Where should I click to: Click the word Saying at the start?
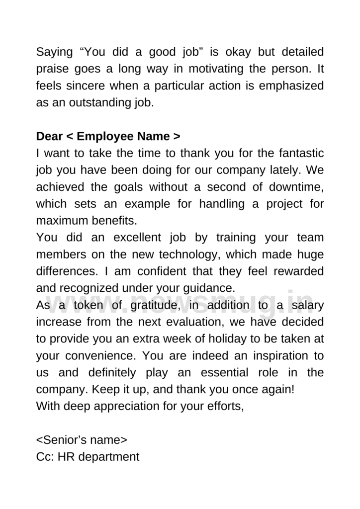tap(54, 52)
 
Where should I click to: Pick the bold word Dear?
tap(50, 136)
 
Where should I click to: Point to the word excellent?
tap(122, 237)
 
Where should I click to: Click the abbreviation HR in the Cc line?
tap(66, 457)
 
